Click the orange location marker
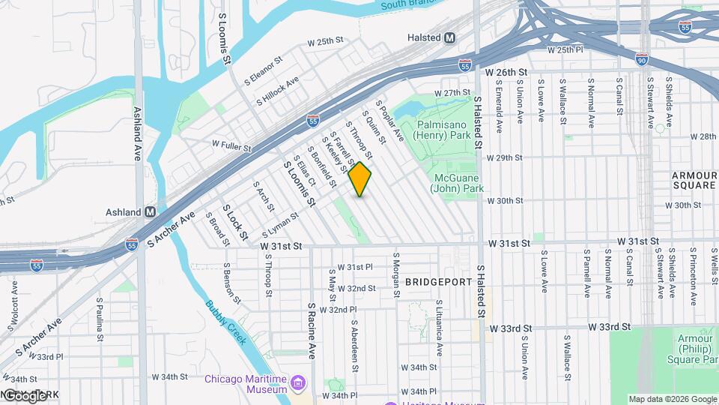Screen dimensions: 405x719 (x=360, y=178)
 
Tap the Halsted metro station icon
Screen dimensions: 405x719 (x=450, y=37)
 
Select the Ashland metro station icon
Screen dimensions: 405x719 (x=151, y=212)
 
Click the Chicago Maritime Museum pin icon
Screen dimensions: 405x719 (x=298, y=384)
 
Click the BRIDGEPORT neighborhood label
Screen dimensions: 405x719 (x=439, y=282)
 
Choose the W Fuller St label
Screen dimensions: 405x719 (x=231, y=147)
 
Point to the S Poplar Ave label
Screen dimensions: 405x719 (x=389, y=121)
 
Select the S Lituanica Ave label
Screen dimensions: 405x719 (x=440, y=328)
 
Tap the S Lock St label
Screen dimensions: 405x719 (x=233, y=223)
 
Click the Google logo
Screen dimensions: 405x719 (x=25, y=395)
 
